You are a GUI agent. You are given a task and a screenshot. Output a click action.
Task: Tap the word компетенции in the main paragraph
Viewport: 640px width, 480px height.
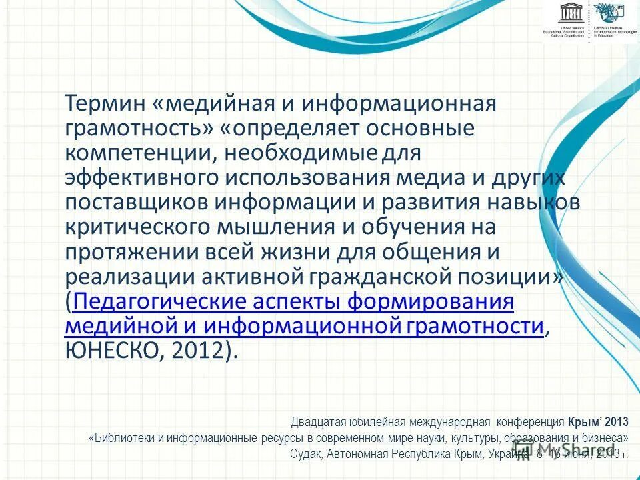137,153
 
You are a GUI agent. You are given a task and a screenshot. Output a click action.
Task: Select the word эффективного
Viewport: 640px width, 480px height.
141,177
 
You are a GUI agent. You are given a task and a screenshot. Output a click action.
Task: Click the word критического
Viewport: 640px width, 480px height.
136,227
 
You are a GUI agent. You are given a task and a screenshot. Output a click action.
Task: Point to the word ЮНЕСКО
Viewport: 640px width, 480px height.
111,351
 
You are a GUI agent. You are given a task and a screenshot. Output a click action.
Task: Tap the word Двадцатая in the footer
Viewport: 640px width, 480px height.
317,422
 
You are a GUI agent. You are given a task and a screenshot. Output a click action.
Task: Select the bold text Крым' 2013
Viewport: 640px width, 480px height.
598,422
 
